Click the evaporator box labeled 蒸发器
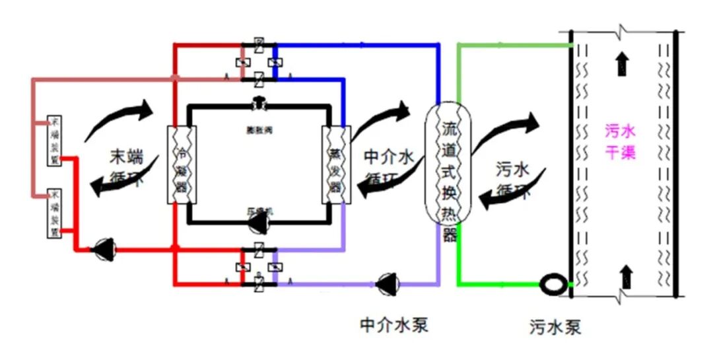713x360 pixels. tap(333, 164)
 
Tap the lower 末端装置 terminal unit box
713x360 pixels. tap(55, 213)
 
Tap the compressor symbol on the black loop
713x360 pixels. tap(257, 223)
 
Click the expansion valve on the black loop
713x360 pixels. tap(258, 104)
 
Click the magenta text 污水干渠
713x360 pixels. tap(620, 142)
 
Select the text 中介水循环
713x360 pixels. tap(388, 166)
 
